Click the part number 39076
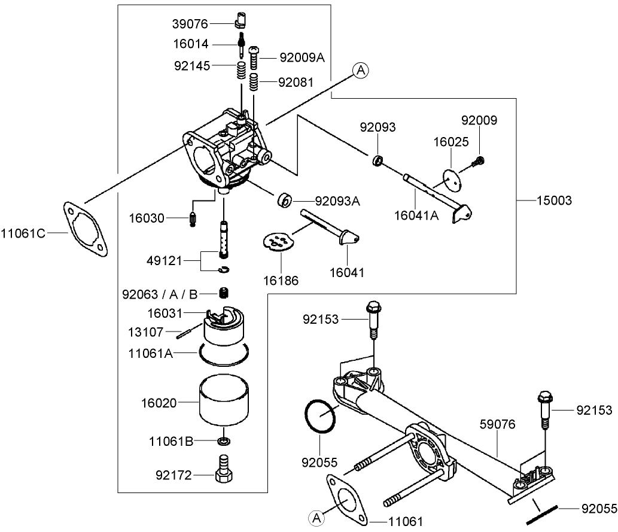pyautogui.click(x=190, y=24)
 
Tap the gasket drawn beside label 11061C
pyautogui.click(x=85, y=229)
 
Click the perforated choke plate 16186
pyautogui.click(x=280, y=242)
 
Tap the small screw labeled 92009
pyautogui.click(x=479, y=160)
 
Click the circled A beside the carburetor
pyautogui.click(x=360, y=71)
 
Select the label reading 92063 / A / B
pyautogui.click(x=160, y=294)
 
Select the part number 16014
pyautogui.click(x=190, y=45)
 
